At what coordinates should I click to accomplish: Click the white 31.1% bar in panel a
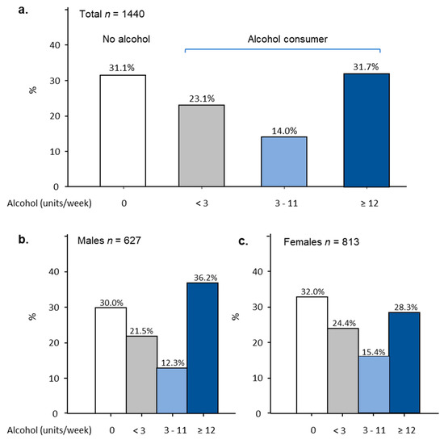(122, 131)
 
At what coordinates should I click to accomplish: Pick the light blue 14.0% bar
(279, 161)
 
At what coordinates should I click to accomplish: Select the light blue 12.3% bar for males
(171, 391)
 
